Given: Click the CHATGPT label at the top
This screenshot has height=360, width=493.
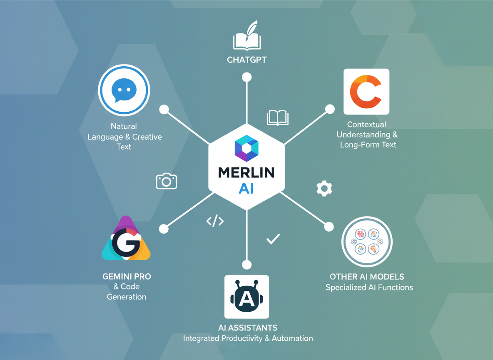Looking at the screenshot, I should pyautogui.click(x=246, y=60).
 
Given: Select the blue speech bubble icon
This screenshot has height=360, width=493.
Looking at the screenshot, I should pyautogui.click(x=124, y=90).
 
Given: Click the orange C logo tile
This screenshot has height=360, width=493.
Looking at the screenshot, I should pyautogui.click(x=366, y=92).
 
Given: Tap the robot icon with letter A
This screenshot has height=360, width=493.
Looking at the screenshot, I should pyautogui.click(x=246, y=297).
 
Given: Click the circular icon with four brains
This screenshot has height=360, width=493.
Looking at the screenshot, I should pyautogui.click(x=367, y=242).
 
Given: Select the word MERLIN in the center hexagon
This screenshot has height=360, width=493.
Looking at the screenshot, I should pyautogui.click(x=246, y=172).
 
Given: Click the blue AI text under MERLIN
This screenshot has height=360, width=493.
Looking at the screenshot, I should pyautogui.click(x=246, y=189).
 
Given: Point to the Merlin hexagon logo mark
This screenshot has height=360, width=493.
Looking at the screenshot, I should pyautogui.click(x=246, y=148).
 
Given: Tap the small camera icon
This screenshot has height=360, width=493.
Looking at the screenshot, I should pyautogui.click(x=167, y=181).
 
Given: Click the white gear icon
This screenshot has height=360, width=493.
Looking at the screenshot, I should pyautogui.click(x=324, y=188).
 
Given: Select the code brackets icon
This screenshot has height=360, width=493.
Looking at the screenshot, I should pyautogui.click(x=215, y=221).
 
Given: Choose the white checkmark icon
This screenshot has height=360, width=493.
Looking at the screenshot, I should pyautogui.click(x=273, y=239).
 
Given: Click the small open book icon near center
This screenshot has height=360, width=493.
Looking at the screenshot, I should pyautogui.click(x=277, y=117).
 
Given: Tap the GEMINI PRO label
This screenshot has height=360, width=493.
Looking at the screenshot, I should pyautogui.click(x=127, y=276).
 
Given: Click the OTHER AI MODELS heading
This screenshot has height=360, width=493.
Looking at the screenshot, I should pyautogui.click(x=367, y=277).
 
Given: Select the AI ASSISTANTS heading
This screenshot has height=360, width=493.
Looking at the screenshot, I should pyautogui.click(x=248, y=327).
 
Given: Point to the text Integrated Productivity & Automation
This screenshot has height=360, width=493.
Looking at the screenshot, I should pyautogui.click(x=248, y=338).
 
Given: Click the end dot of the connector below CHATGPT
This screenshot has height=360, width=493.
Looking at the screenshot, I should pyautogui.click(x=247, y=77).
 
